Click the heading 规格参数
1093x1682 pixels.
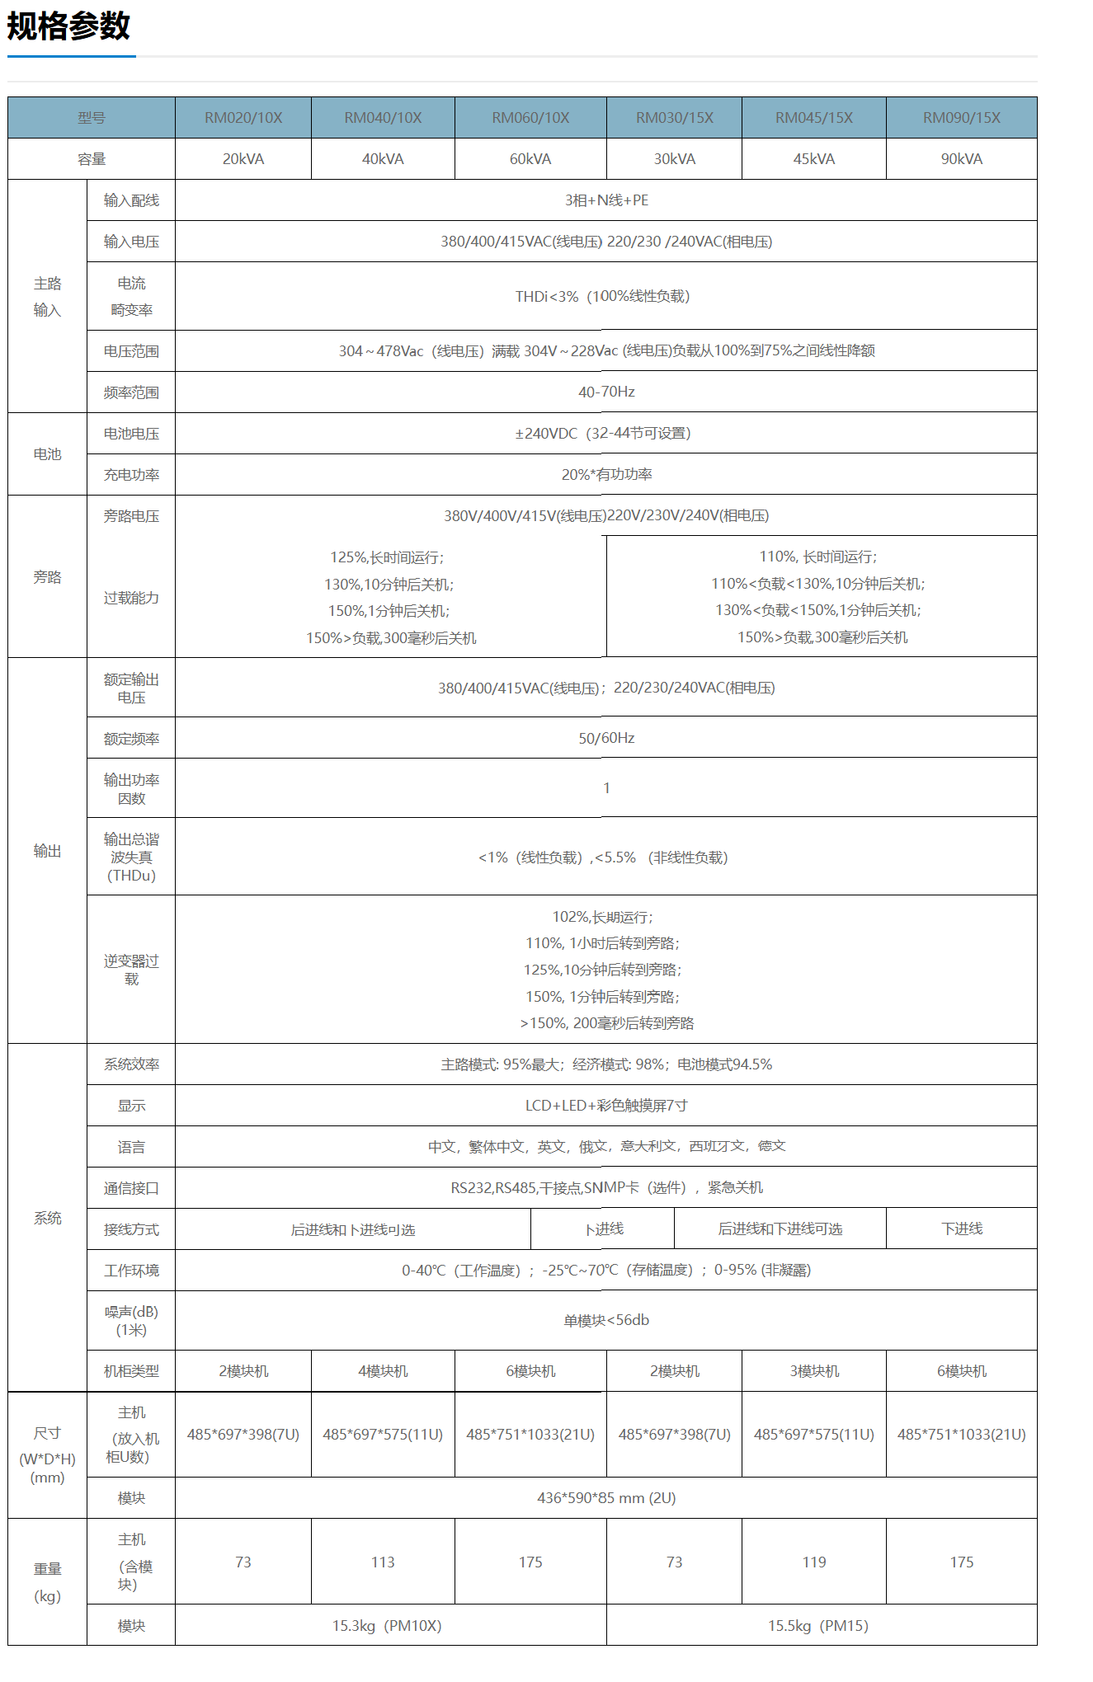pyautogui.click(x=68, y=26)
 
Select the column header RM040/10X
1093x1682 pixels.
pyautogui.click(x=383, y=118)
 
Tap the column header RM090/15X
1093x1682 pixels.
pyautogui.click(x=961, y=118)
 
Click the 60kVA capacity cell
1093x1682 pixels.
pyautogui.click(x=530, y=159)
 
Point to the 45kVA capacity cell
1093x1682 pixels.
pyautogui.click(x=813, y=159)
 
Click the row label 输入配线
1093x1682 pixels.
pyautogui.click(x=131, y=200)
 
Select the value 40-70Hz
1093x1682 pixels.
pyautogui.click(x=606, y=392)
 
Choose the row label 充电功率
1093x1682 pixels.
pyautogui.click(x=131, y=475)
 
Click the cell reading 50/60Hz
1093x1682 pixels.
pyautogui.click(x=606, y=738)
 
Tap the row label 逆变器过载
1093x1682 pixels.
pyautogui.click(x=131, y=970)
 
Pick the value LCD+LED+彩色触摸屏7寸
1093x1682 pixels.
pyautogui.click(x=606, y=1106)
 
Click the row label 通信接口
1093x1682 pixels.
pyautogui.click(x=131, y=1188)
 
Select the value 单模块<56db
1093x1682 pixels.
pyautogui.click(x=606, y=1321)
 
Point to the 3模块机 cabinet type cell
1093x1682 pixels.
pyautogui.click(x=813, y=1371)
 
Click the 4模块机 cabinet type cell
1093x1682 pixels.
pyautogui.click(x=383, y=1371)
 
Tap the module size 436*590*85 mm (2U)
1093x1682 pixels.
pyautogui.click(x=606, y=1498)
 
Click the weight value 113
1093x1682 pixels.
pyautogui.click(x=383, y=1562)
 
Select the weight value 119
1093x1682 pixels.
pyautogui.click(x=813, y=1562)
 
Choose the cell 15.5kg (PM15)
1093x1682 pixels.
pyautogui.click(x=817, y=1626)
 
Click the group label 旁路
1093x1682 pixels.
pyautogui.click(x=47, y=577)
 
